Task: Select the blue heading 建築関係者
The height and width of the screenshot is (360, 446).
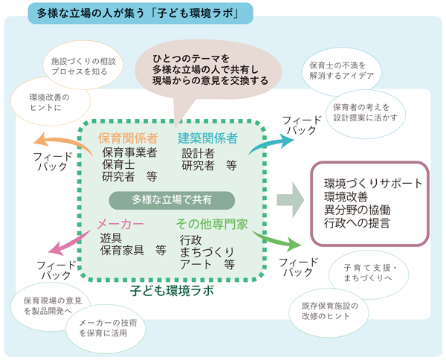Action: coord(207,138)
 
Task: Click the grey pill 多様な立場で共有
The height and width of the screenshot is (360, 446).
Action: coord(172,199)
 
